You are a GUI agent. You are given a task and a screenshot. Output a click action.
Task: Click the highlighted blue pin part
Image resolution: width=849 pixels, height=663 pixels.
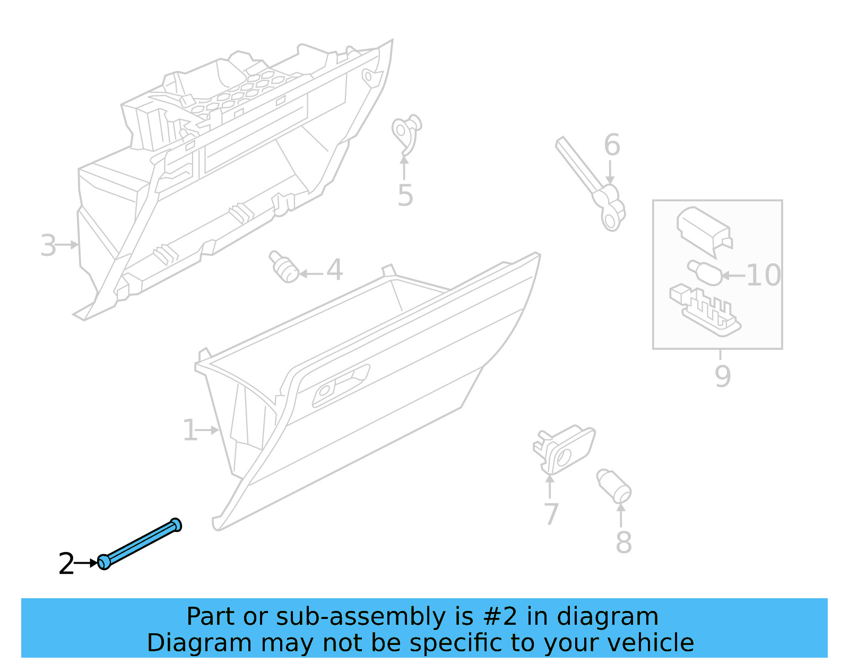(x=141, y=544)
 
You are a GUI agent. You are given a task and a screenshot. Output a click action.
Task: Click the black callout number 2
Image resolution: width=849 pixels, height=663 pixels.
(x=66, y=564)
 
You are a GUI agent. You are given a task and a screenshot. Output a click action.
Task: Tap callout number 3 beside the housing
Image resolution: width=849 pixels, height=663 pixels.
(x=48, y=246)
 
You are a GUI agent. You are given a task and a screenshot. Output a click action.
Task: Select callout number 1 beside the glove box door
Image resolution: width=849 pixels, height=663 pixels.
(x=190, y=430)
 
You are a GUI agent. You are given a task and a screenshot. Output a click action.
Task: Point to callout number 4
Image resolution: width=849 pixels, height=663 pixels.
(x=334, y=270)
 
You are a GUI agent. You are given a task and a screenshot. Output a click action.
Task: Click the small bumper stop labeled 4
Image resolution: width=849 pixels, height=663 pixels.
(x=284, y=267)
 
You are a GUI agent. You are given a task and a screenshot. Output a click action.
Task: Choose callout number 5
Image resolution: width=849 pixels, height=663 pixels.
(x=405, y=196)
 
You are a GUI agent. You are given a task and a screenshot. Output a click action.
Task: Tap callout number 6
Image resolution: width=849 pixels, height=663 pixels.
(x=612, y=145)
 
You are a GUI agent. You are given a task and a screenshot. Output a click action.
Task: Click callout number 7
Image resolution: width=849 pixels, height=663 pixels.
(x=551, y=514)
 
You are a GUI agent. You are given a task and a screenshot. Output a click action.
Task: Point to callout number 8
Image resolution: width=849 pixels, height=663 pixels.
(x=623, y=543)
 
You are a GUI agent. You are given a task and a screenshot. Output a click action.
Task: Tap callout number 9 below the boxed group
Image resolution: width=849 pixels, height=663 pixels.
(x=722, y=376)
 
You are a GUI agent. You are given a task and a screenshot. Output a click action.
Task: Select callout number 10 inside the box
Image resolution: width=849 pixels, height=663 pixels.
(x=764, y=275)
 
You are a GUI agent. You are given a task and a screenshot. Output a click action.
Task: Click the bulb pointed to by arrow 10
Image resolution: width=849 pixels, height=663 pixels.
(x=704, y=271)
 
